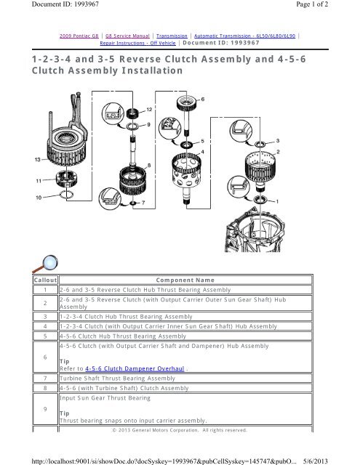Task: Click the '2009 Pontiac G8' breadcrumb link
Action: [x=79, y=36]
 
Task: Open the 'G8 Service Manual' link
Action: [x=127, y=36]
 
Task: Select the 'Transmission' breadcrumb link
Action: [x=172, y=36]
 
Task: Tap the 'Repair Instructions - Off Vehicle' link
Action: [x=137, y=43]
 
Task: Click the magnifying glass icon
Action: [x=45, y=264]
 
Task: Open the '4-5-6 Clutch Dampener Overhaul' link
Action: [x=135, y=368]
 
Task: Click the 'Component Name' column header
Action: [x=185, y=280]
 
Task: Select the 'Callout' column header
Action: [x=45, y=280]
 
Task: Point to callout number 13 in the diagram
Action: [x=37, y=160]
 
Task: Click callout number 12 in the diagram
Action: [x=149, y=110]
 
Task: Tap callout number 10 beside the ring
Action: [x=39, y=198]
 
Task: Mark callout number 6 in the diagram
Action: [x=203, y=99]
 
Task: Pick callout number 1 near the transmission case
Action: [x=277, y=202]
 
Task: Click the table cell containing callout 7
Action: [x=45, y=378]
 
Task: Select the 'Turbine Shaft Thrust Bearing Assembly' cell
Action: [x=118, y=378]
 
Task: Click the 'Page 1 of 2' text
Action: [x=312, y=4]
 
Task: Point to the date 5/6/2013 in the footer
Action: [x=316, y=461]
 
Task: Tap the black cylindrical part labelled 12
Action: [x=133, y=113]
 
